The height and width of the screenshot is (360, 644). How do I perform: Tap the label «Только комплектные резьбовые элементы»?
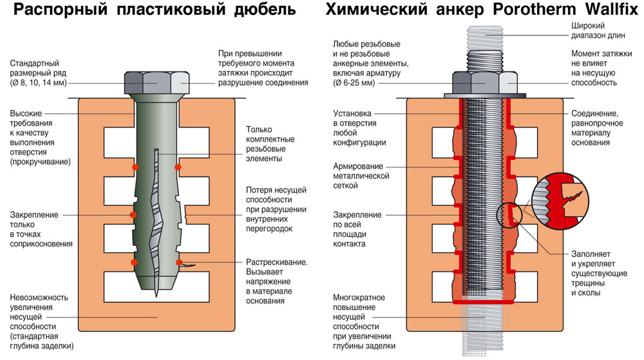[x=270, y=144]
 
